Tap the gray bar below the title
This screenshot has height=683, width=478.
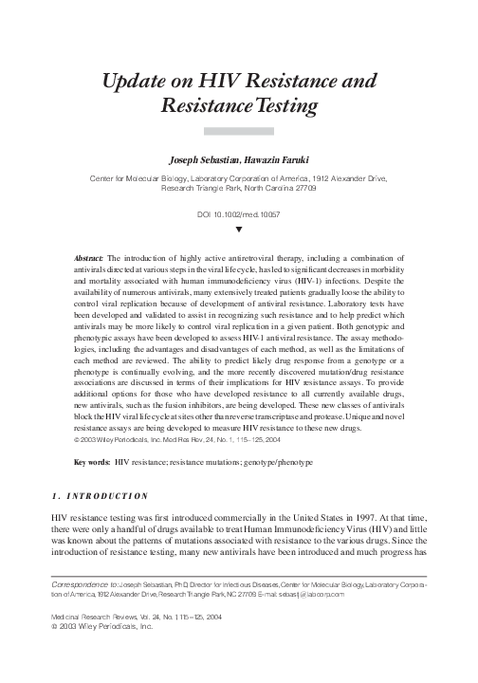(238, 131)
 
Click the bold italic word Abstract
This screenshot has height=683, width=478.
(90, 257)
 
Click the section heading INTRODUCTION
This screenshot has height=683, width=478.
(107, 496)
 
